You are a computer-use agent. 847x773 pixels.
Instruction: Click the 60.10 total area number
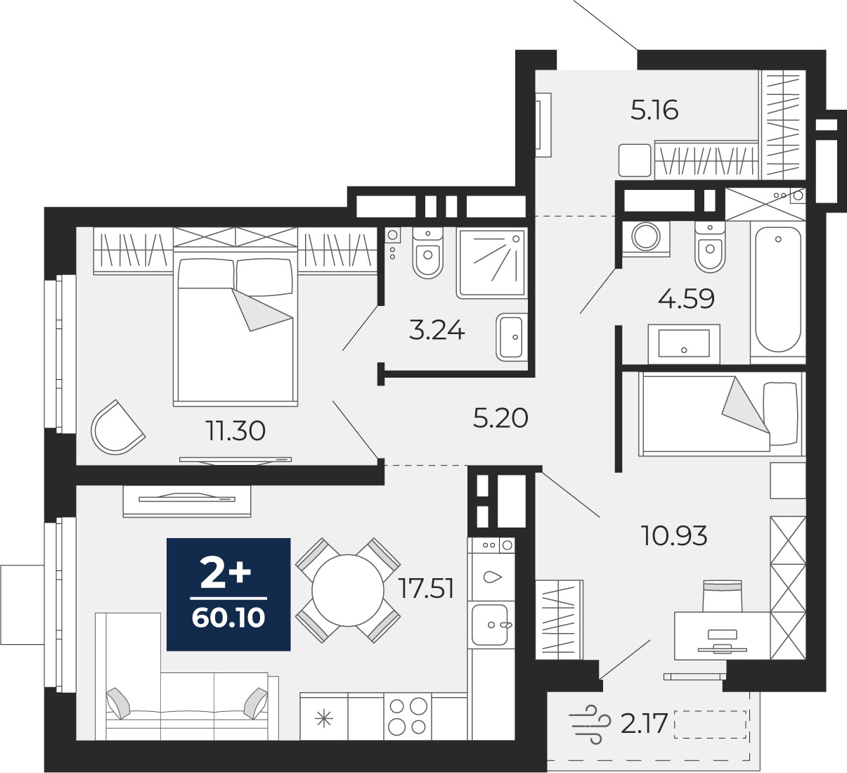(228, 618)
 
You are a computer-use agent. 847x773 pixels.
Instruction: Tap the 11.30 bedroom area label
(235, 431)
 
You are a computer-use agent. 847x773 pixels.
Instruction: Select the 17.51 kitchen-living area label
(427, 589)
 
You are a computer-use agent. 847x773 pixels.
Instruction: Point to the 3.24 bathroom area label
(437, 331)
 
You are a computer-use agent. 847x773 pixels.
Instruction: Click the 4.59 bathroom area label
(686, 298)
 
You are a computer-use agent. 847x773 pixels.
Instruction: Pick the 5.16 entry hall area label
(654, 110)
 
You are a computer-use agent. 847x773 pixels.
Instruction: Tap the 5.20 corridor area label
(500, 418)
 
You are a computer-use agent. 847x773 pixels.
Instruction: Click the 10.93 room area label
(674, 535)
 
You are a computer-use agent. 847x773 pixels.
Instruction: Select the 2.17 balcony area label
(644, 723)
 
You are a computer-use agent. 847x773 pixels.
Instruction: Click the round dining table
(348, 590)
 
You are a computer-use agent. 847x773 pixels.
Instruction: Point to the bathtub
(777, 290)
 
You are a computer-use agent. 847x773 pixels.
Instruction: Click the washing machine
(645, 238)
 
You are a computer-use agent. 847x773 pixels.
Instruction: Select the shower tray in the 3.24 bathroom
(492, 263)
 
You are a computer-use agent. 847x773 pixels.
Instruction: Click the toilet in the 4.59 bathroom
(710, 248)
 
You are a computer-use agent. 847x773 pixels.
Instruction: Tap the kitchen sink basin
(490, 625)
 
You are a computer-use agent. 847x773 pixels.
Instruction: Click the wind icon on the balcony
(590, 724)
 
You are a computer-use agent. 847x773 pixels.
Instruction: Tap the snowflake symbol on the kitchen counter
(324, 719)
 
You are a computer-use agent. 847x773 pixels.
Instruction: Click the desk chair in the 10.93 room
(722, 596)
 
